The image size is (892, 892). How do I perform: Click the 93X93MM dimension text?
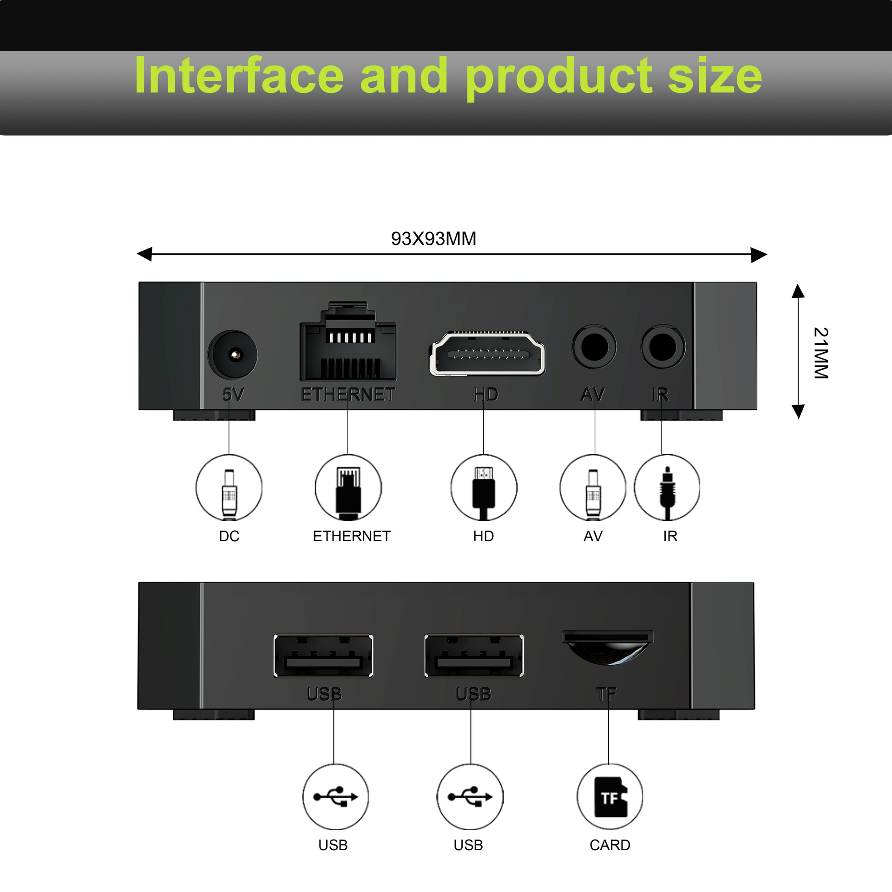coord(433,239)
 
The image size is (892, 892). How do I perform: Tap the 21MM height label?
coord(821,353)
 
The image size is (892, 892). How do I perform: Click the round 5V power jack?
coord(233,355)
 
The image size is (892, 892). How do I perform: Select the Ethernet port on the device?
coord(348,346)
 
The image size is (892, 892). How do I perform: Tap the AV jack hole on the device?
coord(594,347)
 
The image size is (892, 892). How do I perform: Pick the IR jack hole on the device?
coord(662,347)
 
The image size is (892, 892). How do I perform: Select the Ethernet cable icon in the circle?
coord(348,492)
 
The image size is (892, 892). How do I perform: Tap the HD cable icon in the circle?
coord(484,492)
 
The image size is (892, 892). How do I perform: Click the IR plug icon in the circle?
coord(667,492)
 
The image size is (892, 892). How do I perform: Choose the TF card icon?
coord(610,797)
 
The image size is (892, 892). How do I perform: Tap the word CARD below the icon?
coord(610,845)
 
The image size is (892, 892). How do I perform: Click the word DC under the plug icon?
coord(229,536)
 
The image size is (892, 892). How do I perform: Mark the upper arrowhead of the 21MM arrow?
coord(798,291)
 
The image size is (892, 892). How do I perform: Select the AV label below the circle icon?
coord(593,536)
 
